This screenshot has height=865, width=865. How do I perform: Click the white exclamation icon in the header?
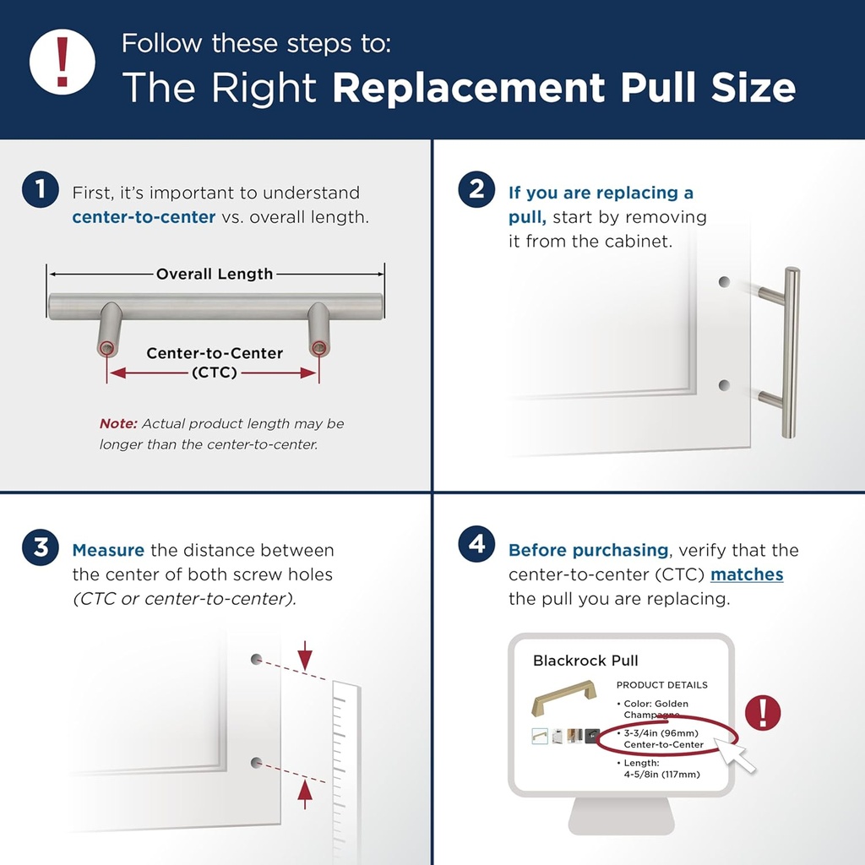pyautogui.click(x=62, y=62)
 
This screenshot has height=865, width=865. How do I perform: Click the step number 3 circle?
pyautogui.click(x=41, y=547)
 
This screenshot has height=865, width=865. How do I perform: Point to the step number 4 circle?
pyautogui.click(x=477, y=545)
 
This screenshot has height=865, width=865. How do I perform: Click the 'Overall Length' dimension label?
pyautogui.click(x=215, y=274)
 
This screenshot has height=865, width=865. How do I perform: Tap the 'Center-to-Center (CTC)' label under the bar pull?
pyautogui.click(x=215, y=362)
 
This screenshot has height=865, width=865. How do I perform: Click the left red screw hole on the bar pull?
pyautogui.click(x=106, y=348)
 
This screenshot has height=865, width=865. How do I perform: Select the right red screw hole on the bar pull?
pyautogui.click(x=318, y=348)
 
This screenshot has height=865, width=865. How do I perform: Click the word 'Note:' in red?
pyautogui.click(x=118, y=423)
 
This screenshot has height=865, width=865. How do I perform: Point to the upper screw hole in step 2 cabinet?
pyautogui.click(x=724, y=282)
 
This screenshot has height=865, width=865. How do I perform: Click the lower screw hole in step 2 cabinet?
pyautogui.click(x=724, y=385)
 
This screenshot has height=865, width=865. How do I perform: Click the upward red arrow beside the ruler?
pyautogui.click(x=305, y=789)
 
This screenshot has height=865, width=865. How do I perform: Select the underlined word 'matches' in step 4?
pyautogui.click(x=747, y=574)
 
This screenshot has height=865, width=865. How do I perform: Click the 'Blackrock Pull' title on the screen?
pyautogui.click(x=585, y=661)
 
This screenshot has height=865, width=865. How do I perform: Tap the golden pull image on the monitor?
pyautogui.click(x=563, y=699)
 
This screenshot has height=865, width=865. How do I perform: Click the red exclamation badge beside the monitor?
pyautogui.click(x=764, y=712)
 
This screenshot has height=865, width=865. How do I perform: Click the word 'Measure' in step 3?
pyautogui.click(x=108, y=551)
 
